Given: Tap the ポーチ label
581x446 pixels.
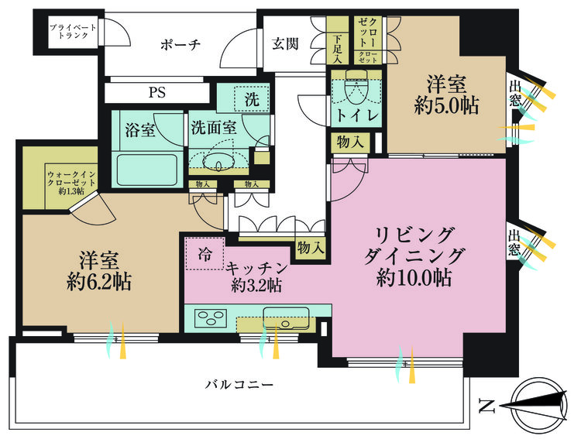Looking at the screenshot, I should coord(180,45).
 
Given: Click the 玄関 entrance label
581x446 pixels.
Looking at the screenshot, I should coord(285,44).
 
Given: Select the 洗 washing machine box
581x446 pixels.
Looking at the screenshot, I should coord(252,99).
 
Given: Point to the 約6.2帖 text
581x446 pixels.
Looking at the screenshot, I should coord(98,282).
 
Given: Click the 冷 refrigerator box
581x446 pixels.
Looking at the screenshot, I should coord(204,253).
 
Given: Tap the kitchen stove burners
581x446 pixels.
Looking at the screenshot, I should coord(210,317).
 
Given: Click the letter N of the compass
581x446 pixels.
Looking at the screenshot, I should coord(486,405).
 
